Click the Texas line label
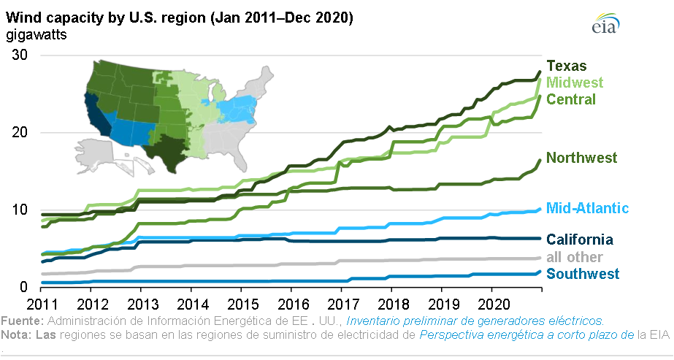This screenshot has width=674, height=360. pos(567,66)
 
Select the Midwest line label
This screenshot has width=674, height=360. pos(575,83)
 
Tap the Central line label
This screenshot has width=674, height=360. pos(571,99)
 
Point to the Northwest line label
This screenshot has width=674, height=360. pos(581,158)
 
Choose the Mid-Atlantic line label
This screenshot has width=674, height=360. pos(587,209)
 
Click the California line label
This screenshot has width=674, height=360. pos(579,240)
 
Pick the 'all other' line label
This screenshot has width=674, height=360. pos(575,257)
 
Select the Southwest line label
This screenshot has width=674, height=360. pos(583,274)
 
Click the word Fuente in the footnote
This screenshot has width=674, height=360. pos(21,321)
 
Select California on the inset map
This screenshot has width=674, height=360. pos(96,117)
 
